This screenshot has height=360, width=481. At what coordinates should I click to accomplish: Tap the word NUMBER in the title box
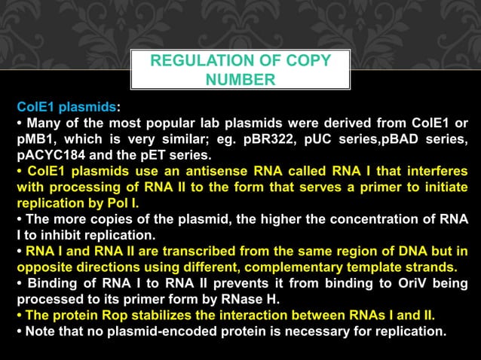[x=239, y=79]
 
